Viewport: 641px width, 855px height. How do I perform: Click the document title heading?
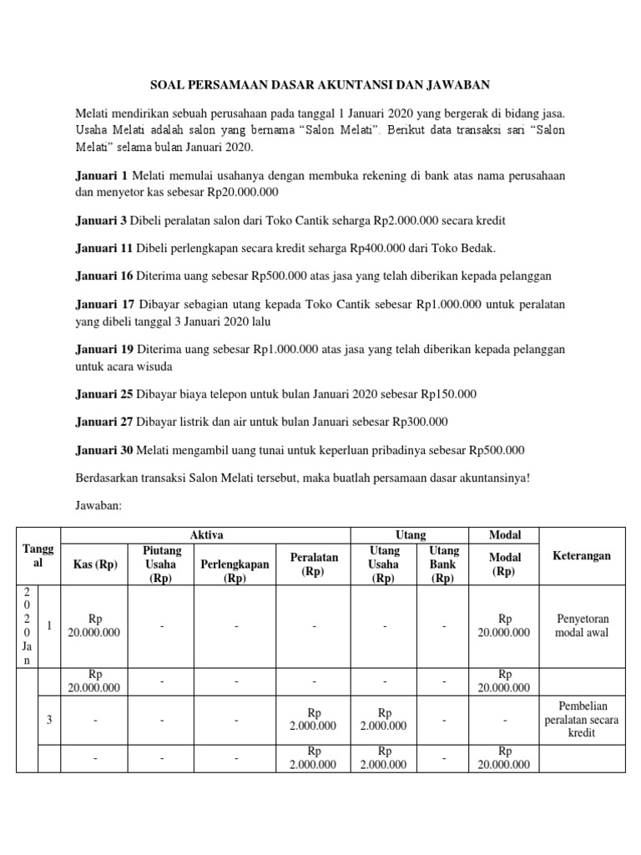(320, 84)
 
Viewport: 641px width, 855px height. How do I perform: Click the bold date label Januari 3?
(100, 220)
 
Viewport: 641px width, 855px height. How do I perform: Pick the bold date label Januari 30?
(103, 450)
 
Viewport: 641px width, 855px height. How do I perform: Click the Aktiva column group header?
(206, 535)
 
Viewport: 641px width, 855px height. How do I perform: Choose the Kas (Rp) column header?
(96, 564)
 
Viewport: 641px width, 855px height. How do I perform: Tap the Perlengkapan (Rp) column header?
(235, 570)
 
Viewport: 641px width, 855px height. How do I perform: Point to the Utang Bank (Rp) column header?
(444, 564)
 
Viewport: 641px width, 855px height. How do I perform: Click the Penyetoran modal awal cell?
(582, 625)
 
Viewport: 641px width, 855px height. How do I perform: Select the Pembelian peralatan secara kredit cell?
(582, 719)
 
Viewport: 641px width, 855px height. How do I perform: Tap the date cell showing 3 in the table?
(50, 719)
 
